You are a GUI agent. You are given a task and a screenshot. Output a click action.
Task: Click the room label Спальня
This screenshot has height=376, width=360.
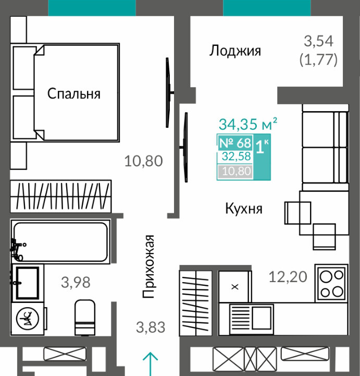click(x=74, y=94)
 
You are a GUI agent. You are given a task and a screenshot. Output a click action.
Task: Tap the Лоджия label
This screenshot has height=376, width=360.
click(x=235, y=51)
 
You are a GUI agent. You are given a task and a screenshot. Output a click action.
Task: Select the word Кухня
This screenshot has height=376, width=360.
click(x=244, y=209)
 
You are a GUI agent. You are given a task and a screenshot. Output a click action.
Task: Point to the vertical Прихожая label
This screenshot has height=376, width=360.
click(x=148, y=266)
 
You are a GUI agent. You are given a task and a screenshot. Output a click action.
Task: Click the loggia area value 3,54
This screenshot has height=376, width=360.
click(x=318, y=41)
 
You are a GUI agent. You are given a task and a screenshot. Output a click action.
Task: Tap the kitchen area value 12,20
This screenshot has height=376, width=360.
click(x=288, y=277)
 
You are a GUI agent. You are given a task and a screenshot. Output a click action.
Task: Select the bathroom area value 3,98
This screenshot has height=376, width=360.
click(x=76, y=282)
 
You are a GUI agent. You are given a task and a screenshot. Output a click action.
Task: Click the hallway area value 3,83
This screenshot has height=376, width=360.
click(x=151, y=328)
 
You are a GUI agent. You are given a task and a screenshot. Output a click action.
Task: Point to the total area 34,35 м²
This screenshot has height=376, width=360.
click(x=248, y=124)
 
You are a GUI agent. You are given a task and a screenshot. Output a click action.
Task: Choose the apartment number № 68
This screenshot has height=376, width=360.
click(x=235, y=143)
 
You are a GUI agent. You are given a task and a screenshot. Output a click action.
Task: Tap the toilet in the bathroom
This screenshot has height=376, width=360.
click(x=85, y=317)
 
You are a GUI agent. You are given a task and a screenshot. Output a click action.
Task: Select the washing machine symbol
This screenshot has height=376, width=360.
click(x=27, y=319)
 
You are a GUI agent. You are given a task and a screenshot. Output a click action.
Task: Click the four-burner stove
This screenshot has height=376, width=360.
click(x=331, y=283)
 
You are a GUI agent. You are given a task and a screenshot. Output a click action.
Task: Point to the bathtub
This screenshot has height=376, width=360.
click(x=60, y=242)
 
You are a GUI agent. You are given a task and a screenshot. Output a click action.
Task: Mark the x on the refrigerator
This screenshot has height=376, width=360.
click(x=235, y=287)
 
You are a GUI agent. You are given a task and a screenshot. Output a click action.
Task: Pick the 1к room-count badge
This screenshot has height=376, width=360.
click(x=262, y=146)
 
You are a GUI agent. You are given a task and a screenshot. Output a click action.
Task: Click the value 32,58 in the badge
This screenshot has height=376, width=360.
click(x=236, y=156)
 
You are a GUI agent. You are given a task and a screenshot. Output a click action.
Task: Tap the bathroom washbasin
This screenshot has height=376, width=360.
click(x=27, y=283)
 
